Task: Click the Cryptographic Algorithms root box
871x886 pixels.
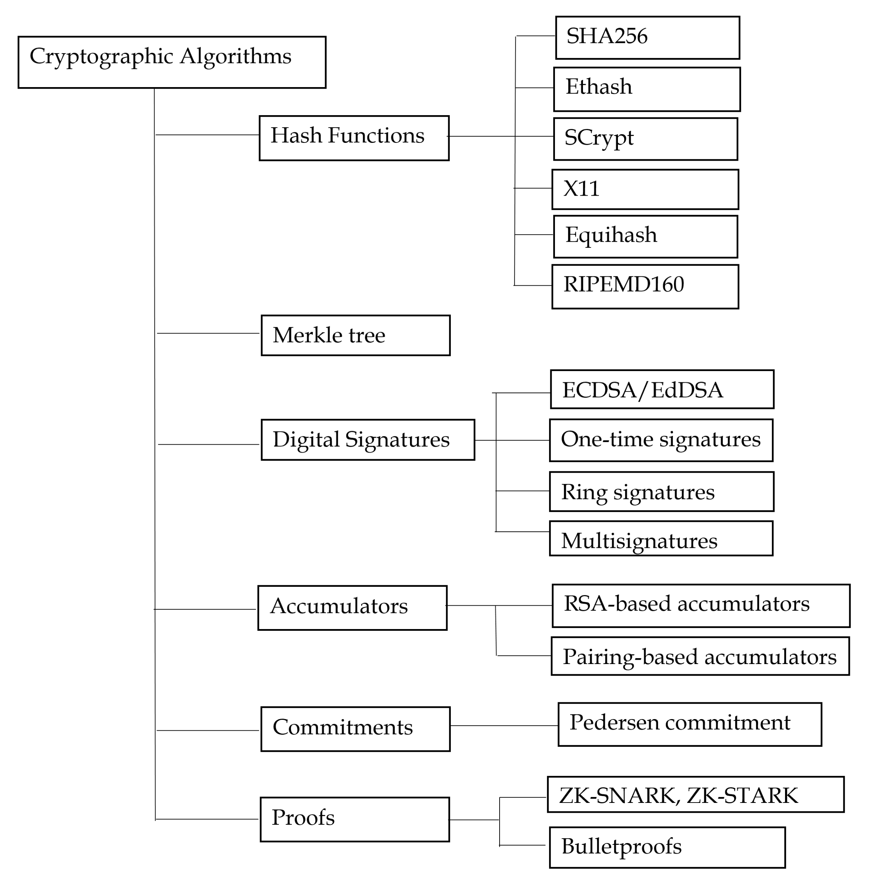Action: click(172, 62)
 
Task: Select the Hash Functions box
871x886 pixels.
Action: click(354, 138)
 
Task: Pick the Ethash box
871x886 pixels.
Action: click(646, 89)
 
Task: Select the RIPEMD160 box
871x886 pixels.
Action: click(645, 286)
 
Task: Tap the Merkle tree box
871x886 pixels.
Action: click(355, 335)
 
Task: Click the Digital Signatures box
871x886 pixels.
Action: click(367, 440)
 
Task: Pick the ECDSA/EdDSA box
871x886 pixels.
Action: click(662, 389)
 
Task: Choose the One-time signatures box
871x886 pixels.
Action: click(661, 440)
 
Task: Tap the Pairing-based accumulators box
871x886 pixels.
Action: click(699, 656)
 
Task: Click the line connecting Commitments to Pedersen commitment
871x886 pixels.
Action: click(503, 725)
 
